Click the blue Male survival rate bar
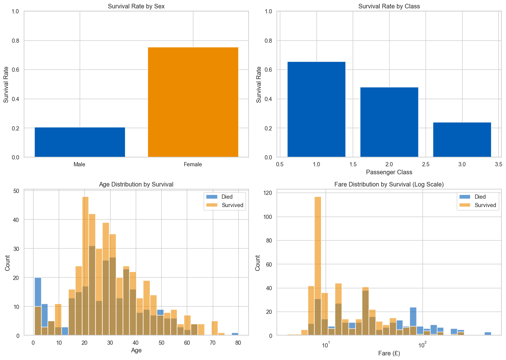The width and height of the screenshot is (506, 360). click(80, 142)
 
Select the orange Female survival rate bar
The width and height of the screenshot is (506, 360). click(193, 102)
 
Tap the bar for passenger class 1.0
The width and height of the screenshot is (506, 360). click(316, 109)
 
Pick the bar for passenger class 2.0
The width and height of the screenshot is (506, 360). click(389, 122)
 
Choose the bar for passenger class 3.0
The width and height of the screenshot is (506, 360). click(462, 140)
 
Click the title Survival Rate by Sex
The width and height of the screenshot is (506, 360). click(136, 6)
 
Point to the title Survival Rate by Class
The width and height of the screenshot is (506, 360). click(389, 6)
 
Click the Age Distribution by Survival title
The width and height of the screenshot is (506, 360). click(136, 185)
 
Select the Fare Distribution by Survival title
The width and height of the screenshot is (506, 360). click(389, 185)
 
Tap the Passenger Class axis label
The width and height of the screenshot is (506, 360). click(389, 172)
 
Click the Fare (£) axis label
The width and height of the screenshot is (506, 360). click(389, 354)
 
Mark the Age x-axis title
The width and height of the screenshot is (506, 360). click(136, 350)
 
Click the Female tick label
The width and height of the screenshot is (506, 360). click(193, 164)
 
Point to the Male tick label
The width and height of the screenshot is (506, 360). click(80, 164)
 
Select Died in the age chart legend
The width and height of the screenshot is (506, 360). click(227, 197)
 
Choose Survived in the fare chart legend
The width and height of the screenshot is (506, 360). click(485, 205)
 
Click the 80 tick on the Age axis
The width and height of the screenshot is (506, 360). click(238, 343)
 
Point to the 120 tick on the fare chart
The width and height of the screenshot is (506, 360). click(268, 193)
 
